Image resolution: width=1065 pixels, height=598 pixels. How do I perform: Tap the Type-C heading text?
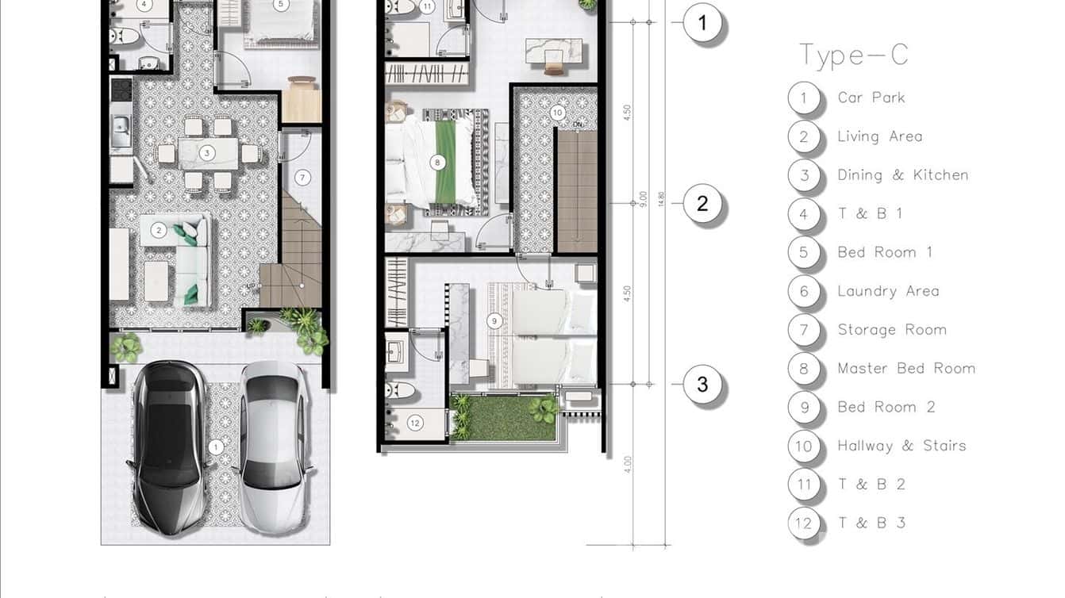click(853, 55)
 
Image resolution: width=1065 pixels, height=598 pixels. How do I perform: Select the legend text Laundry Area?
click(888, 291)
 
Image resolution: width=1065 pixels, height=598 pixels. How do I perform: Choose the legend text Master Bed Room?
click(905, 368)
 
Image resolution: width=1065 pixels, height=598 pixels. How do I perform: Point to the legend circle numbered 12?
click(804, 523)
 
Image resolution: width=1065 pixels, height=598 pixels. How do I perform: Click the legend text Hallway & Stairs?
click(902, 446)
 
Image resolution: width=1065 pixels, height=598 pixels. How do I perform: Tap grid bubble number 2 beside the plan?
click(702, 204)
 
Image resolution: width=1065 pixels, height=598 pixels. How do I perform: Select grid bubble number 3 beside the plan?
click(702, 385)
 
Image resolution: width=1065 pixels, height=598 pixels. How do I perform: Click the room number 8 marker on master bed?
click(436, 163)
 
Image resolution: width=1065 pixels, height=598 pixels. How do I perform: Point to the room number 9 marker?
click(494, 321)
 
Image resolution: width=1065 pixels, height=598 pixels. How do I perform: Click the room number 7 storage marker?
click(303, 177)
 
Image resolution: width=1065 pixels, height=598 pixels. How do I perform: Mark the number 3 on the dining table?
click(206, 152)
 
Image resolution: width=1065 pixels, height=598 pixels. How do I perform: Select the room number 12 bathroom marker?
click(415, 424)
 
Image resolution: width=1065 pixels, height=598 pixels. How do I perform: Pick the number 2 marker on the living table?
click(159, 231)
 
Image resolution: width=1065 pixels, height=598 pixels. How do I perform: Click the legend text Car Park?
click(871, 98)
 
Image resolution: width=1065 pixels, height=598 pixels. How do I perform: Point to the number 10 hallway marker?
click(557, 113)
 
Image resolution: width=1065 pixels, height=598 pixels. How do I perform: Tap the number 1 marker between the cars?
click(215, 448)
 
